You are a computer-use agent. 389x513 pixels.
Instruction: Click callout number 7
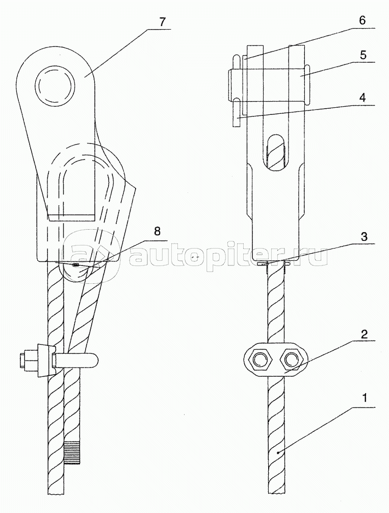tap(163, 22)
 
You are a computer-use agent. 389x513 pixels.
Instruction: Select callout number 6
tap(362, 20)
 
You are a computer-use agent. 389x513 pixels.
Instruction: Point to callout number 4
tap(362, 97)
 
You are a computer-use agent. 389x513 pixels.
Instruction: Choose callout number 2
tap(364, 334)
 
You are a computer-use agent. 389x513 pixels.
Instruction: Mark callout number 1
tap(365, 398)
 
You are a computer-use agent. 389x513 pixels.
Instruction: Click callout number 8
tap(157, 232)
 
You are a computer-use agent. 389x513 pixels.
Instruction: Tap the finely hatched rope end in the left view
tap(72, 452)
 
